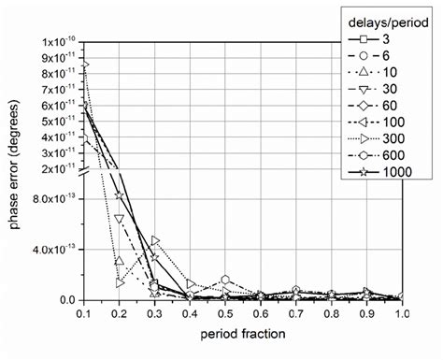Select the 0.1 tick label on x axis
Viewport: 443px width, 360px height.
click(x=85, y=314)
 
